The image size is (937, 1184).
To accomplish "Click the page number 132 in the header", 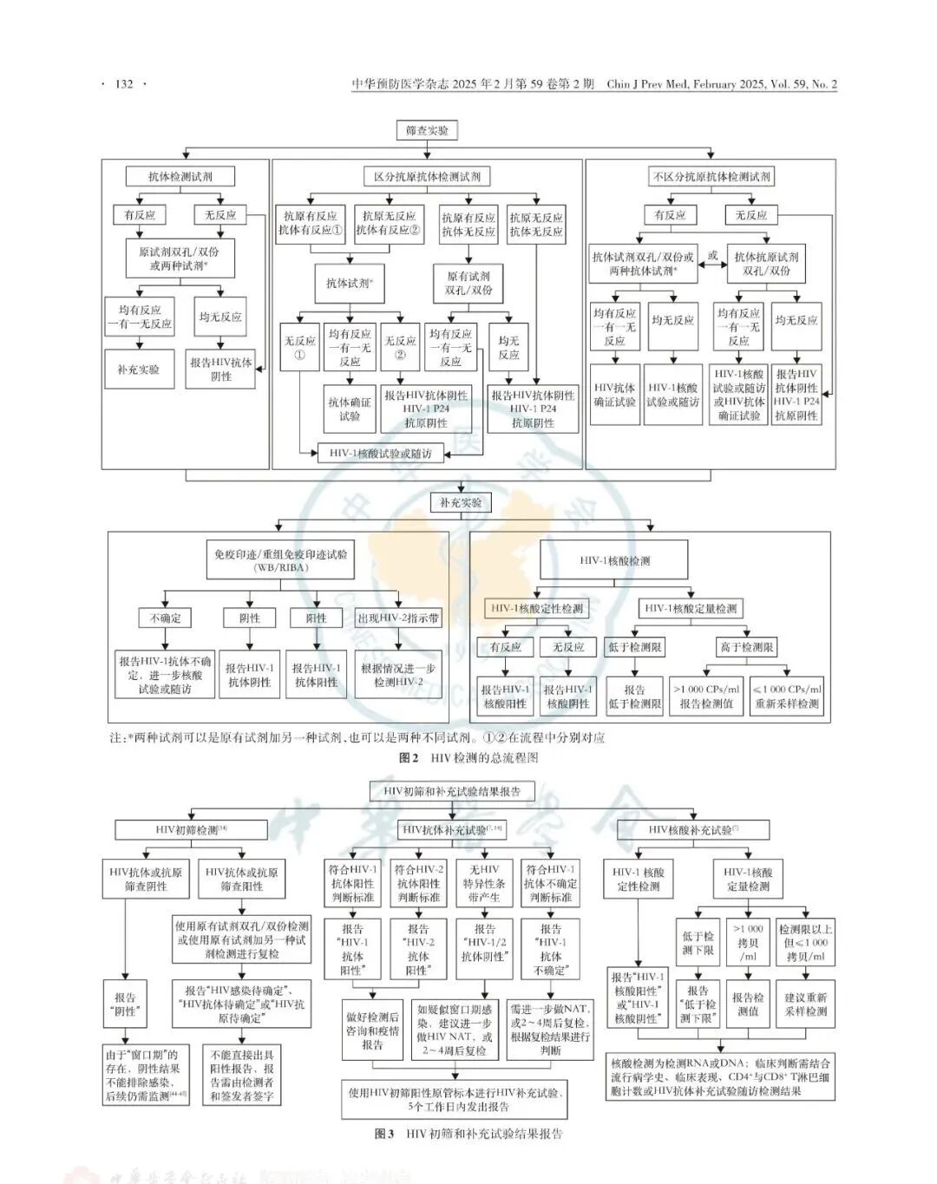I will tap(124, 84).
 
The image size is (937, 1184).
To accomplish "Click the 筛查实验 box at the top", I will tap(428, 131).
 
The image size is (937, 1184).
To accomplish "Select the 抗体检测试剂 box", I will tap(180, 176).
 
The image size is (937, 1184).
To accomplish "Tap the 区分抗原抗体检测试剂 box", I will tap(427, 176).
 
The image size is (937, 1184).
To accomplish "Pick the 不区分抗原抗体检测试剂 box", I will tap(711, 176).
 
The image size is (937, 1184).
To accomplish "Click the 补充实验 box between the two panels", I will tap(461, 502).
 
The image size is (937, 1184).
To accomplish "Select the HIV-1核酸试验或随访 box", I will tap(380, 453).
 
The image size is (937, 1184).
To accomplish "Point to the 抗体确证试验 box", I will tap(350, 409).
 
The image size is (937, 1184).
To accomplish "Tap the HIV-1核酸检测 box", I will tap(614, 560).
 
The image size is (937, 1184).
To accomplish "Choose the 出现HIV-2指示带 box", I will tap(398, 618).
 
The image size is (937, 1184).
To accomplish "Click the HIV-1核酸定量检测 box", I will tap(691, 609).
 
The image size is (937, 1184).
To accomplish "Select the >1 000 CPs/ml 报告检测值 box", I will tap(706, 697).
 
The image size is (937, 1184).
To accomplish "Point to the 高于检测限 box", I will tap(746, 647).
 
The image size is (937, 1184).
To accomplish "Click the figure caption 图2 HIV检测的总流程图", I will tap(468, 757).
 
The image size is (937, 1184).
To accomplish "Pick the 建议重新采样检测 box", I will tap(806, 1004).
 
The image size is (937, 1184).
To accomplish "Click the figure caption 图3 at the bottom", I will tap(468, 1134).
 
